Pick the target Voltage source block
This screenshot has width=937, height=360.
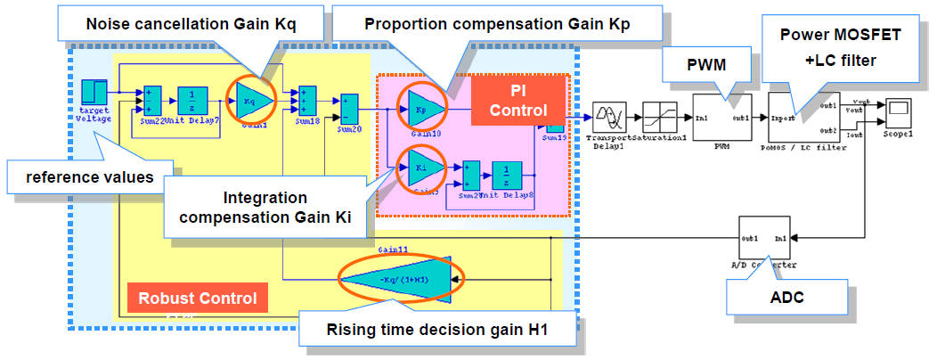[94, 92]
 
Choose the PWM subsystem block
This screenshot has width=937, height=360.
[723, 118]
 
